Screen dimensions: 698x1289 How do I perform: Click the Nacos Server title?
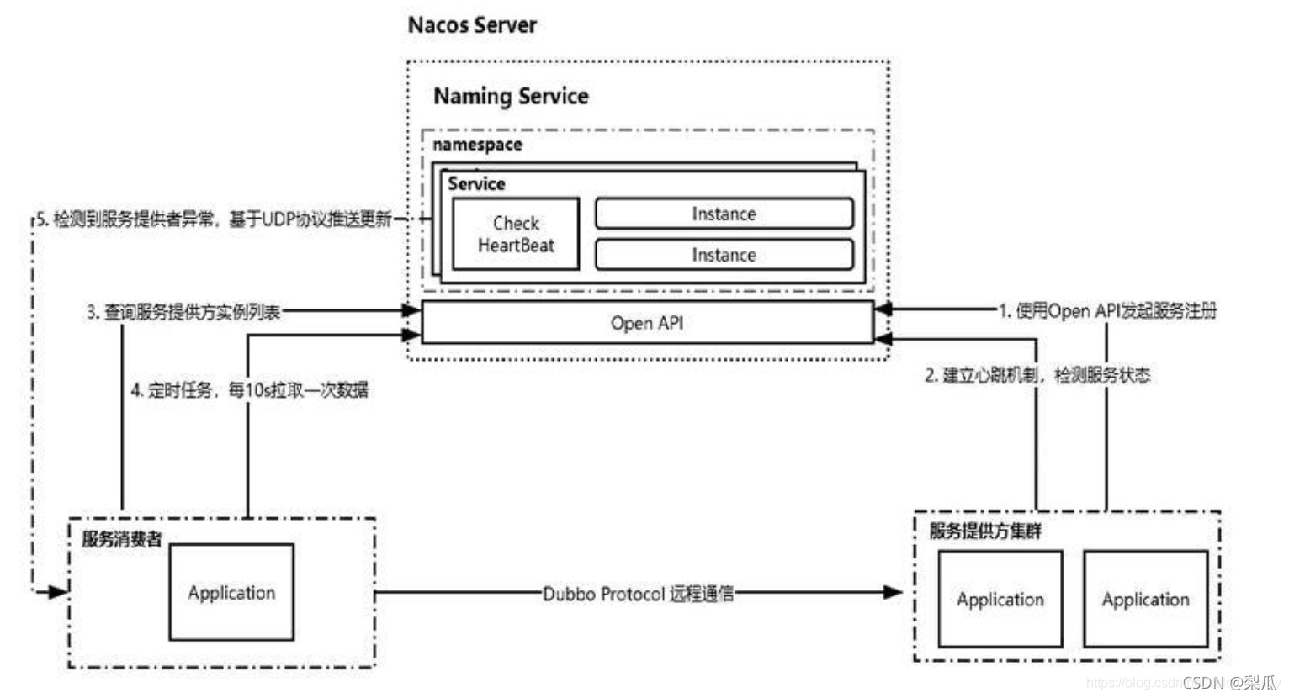coord(472,25)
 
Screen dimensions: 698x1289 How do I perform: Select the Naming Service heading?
coord(511,97)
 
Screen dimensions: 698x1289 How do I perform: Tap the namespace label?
coord(477,145)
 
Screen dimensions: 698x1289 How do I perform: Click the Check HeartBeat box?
coord(516,234)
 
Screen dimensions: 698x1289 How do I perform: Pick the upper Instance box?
coord(724,214)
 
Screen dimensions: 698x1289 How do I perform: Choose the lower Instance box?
coord(724,255)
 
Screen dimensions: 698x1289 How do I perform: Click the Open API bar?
coord(647,323)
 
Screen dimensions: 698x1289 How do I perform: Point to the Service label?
coord(476,183)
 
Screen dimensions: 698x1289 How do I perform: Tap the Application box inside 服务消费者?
coord(231,592)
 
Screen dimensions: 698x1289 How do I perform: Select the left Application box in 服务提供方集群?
coord(1000,599)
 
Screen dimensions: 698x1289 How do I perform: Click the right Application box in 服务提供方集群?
coord(1145,599)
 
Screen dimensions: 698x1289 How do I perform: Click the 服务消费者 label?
coord(122,539)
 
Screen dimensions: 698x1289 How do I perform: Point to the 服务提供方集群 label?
coord(985,531)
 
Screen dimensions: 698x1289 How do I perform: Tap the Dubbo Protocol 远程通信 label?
coord(638,594)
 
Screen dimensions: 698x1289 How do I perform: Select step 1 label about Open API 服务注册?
coord(1107,311)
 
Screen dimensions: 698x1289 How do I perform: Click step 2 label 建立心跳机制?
coord(1037,375)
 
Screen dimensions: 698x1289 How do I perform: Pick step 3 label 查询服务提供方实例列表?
coord(183,312)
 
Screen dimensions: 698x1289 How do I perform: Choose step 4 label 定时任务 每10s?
coord(249,390)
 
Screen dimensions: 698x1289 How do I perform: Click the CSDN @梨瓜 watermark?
coord(1229,682)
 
